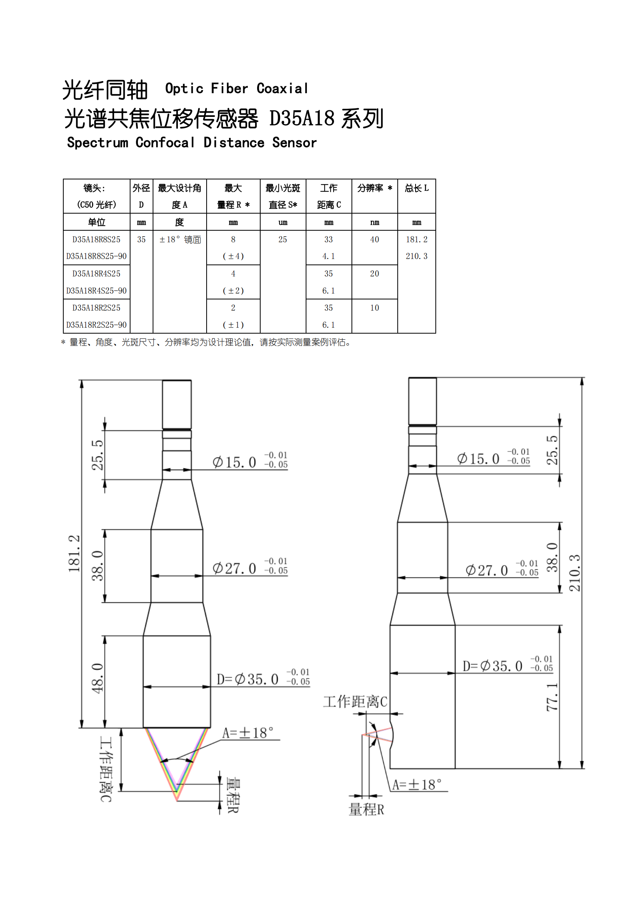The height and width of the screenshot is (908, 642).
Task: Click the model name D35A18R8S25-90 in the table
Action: click(97, 256)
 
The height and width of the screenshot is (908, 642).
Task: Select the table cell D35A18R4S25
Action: click(97, 274)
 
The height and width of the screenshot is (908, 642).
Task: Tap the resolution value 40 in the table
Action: click(375, 239)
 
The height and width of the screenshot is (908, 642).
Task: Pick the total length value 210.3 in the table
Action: click(416, 256)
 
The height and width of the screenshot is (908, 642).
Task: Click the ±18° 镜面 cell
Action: click(180, 239)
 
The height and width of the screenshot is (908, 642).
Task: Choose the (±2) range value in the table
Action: click(233, 290)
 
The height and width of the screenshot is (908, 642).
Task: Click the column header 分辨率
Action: click(370, 188)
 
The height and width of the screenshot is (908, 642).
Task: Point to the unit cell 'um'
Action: click(283, 222)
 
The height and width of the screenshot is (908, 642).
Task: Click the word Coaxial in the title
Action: click(282, 89)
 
